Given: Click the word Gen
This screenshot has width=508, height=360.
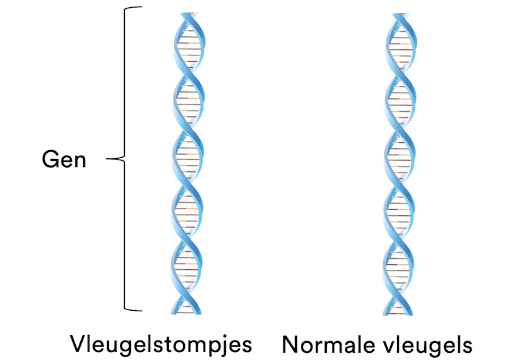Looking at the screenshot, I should (x=64, y=159).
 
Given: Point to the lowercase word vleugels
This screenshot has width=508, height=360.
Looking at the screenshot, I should (x=421, y=343).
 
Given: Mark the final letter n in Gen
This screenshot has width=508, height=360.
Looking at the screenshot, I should (x=79, y=160).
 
